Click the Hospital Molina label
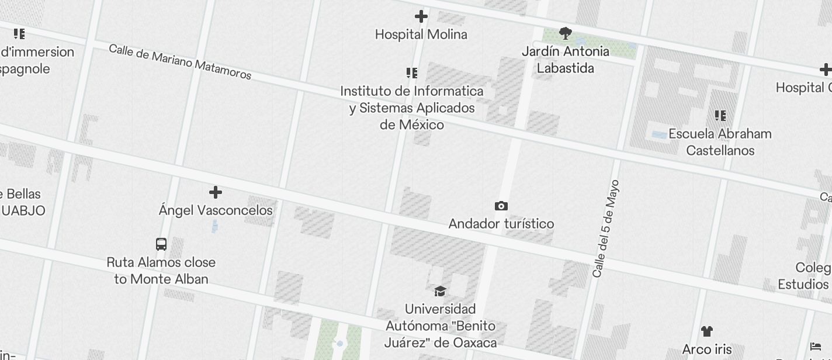coord(421,34)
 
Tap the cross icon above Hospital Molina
coord(421,16)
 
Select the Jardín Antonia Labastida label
coord(565,60)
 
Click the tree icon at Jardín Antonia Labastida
coord(565,33)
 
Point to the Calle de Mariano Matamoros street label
coord(180,61)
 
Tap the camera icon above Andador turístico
coord(501,206)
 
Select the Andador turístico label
coord(501,224)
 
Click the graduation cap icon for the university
coord(440,291)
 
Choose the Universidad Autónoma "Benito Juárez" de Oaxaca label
coord(441,326)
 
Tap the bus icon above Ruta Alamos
coord(161,244)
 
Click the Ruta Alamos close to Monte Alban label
coord(161,271)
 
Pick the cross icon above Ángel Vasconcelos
coord(216,192)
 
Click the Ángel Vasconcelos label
coord(216,210)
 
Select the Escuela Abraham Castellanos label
coord(720,142)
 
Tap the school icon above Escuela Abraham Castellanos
coord(720,116)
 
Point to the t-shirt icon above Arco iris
coord(707,331)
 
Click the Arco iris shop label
coord(707,349)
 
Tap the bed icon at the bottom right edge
coord(816,346)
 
